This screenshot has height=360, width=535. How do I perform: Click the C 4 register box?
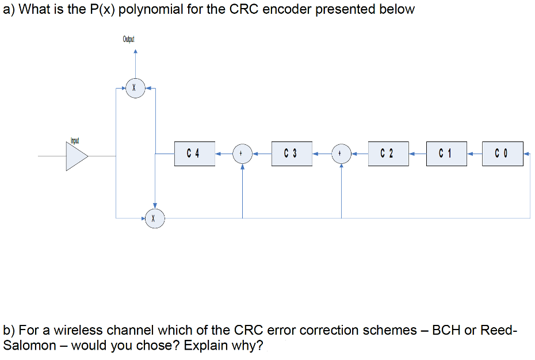[194, 154]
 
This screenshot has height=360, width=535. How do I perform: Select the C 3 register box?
[292, 154]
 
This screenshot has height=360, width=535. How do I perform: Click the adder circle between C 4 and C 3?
[242, 154]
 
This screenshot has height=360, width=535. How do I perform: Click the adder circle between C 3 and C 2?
[341, 154]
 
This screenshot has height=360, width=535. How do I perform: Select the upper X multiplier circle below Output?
[135, 89]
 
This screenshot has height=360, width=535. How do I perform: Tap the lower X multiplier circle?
[154, 219]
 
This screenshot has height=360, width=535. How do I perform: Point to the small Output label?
[128, 39]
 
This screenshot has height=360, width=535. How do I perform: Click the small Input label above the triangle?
[75, 140]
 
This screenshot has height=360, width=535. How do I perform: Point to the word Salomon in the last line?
[28, 346]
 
